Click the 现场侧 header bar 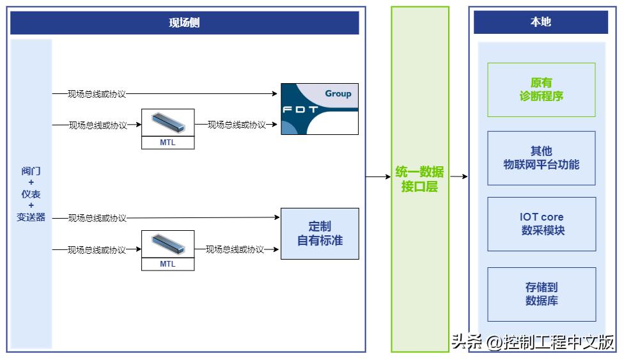(184, 23)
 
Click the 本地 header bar (540, 22)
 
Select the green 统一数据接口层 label (419, 180)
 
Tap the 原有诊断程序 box (541, 90)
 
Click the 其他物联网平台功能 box (541, 158)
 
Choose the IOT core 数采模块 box (542, 224)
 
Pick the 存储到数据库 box (542, 294)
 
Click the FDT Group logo (320, 109)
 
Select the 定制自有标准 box (320, 233)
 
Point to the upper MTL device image (168, 122)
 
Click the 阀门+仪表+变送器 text (31, 194)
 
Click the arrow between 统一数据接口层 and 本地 (458, 176)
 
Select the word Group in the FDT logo (338, 93)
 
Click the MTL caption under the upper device (168, 143)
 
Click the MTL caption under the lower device (168, 264)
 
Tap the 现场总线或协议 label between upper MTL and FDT (237, 125)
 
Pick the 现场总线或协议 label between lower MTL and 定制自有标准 (235, 249)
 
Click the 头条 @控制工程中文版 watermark (532, 342)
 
